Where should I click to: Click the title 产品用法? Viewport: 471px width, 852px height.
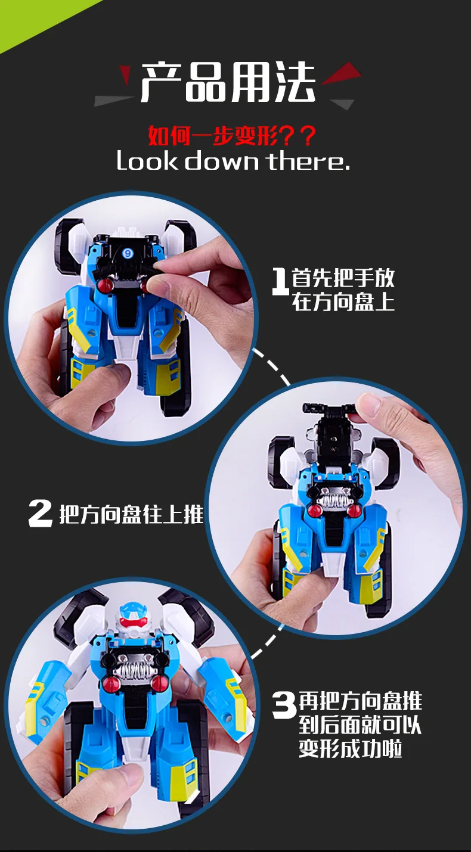point(228,83)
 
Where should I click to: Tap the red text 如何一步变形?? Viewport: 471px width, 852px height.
point(232,135)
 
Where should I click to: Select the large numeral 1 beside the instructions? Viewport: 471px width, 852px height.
point(280,281)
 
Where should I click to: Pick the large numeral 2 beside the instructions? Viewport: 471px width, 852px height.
point(41,513)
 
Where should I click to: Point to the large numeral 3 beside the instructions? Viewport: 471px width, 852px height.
point(284,705)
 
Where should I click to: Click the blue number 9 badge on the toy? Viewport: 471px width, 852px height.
point(127,252)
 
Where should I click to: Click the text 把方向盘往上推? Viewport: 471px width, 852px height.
point(131,514)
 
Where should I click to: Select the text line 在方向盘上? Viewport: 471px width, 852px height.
point(343,303)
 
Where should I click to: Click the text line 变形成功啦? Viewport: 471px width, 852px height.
point(351,748)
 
